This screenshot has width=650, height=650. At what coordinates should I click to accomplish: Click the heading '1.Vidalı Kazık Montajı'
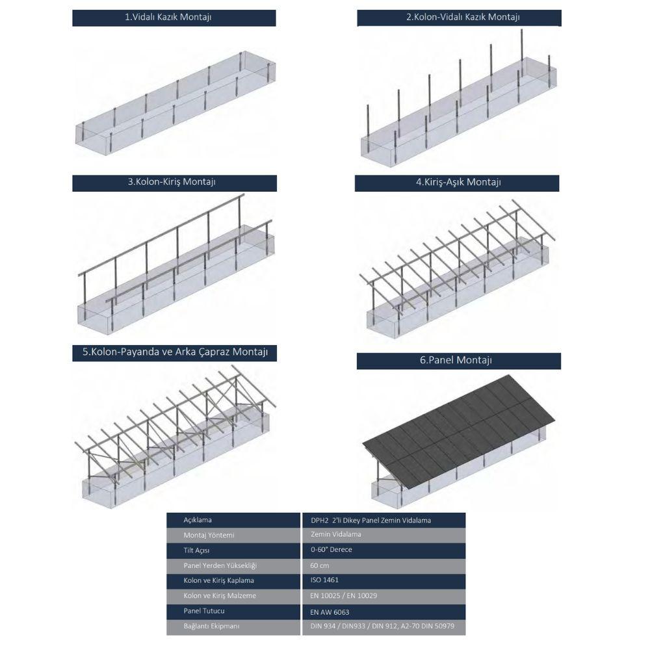point(168,18)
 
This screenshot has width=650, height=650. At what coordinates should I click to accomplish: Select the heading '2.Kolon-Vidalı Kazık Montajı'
point(463,18)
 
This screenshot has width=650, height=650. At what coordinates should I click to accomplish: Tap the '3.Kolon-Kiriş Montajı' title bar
point(172,182)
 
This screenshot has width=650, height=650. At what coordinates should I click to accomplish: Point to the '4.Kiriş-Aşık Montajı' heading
point(458,183)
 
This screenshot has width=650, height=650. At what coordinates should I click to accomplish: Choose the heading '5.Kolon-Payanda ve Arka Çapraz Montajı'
point(175,352)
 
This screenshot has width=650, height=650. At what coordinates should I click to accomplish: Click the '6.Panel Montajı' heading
point(456,360)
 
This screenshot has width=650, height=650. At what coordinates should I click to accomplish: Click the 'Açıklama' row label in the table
point(198,520)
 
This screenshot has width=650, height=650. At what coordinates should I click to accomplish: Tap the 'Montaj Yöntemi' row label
point(209,535)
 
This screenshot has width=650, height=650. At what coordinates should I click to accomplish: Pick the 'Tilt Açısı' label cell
point(196,551)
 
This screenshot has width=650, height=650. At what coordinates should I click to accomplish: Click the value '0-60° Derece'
point(331,550)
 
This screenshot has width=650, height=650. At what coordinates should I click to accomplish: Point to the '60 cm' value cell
point(320,565)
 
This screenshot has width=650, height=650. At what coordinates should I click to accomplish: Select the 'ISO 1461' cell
point(324,580)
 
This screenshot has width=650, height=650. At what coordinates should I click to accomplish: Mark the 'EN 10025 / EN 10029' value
point(344,595)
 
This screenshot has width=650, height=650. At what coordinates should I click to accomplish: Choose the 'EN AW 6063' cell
point(330,612)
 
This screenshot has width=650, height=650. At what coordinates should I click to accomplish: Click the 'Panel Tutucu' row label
point(204,611)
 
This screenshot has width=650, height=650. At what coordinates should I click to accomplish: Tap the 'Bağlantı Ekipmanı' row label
point(211,626)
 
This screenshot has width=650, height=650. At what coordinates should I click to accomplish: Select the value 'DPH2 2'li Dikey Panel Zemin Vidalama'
point(371,520)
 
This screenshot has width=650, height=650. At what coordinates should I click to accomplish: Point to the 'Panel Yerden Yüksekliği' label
point(220,565)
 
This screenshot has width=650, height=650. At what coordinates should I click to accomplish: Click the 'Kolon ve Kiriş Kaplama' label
point(218,580)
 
